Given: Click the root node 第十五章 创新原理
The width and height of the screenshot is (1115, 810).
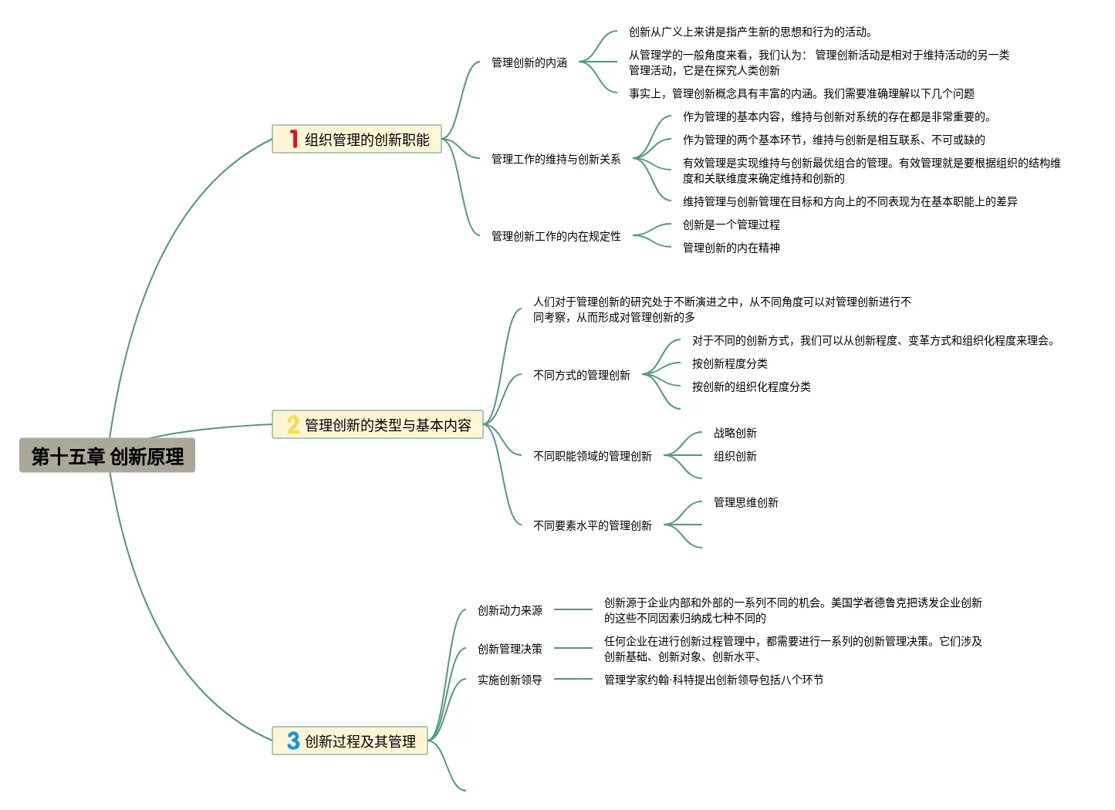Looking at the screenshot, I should [107, 456].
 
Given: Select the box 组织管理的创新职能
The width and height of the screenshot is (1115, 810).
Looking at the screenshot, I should [356, 140].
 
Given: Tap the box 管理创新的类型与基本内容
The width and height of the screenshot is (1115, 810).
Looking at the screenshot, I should [377, 425].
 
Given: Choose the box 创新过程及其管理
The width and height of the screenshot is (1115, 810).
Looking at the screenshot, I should [350, 741].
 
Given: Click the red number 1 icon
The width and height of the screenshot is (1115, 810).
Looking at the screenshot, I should [293, 139].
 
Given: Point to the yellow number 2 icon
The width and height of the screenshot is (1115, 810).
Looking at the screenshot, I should [292, 425].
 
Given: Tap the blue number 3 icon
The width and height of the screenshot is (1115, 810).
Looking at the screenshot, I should [293, 741].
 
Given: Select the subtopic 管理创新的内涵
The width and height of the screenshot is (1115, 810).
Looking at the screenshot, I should [529, 62].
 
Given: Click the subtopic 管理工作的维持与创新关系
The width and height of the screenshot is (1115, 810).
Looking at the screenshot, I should [556, 159].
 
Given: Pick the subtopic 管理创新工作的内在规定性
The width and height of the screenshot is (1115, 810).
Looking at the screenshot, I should [556, 236].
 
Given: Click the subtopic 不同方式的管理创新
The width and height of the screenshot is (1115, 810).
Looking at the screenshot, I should [582, 375].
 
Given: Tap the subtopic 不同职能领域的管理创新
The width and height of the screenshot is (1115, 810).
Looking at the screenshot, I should [593, 456].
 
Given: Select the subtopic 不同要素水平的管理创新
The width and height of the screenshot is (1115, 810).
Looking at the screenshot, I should [593, 525].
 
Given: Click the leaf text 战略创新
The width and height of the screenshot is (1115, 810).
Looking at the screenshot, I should [735, 433].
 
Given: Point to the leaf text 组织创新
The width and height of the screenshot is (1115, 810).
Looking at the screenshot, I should [735, 456].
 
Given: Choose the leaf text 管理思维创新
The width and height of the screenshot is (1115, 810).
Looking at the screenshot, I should [745, 502].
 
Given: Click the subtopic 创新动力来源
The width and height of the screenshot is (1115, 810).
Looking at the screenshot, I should [509, 610].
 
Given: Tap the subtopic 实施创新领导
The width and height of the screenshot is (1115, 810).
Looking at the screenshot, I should [509, 680].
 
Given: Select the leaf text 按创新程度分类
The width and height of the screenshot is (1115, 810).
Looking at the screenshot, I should [729, 363].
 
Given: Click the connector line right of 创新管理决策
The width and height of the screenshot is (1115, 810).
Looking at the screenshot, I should [573, 648].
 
